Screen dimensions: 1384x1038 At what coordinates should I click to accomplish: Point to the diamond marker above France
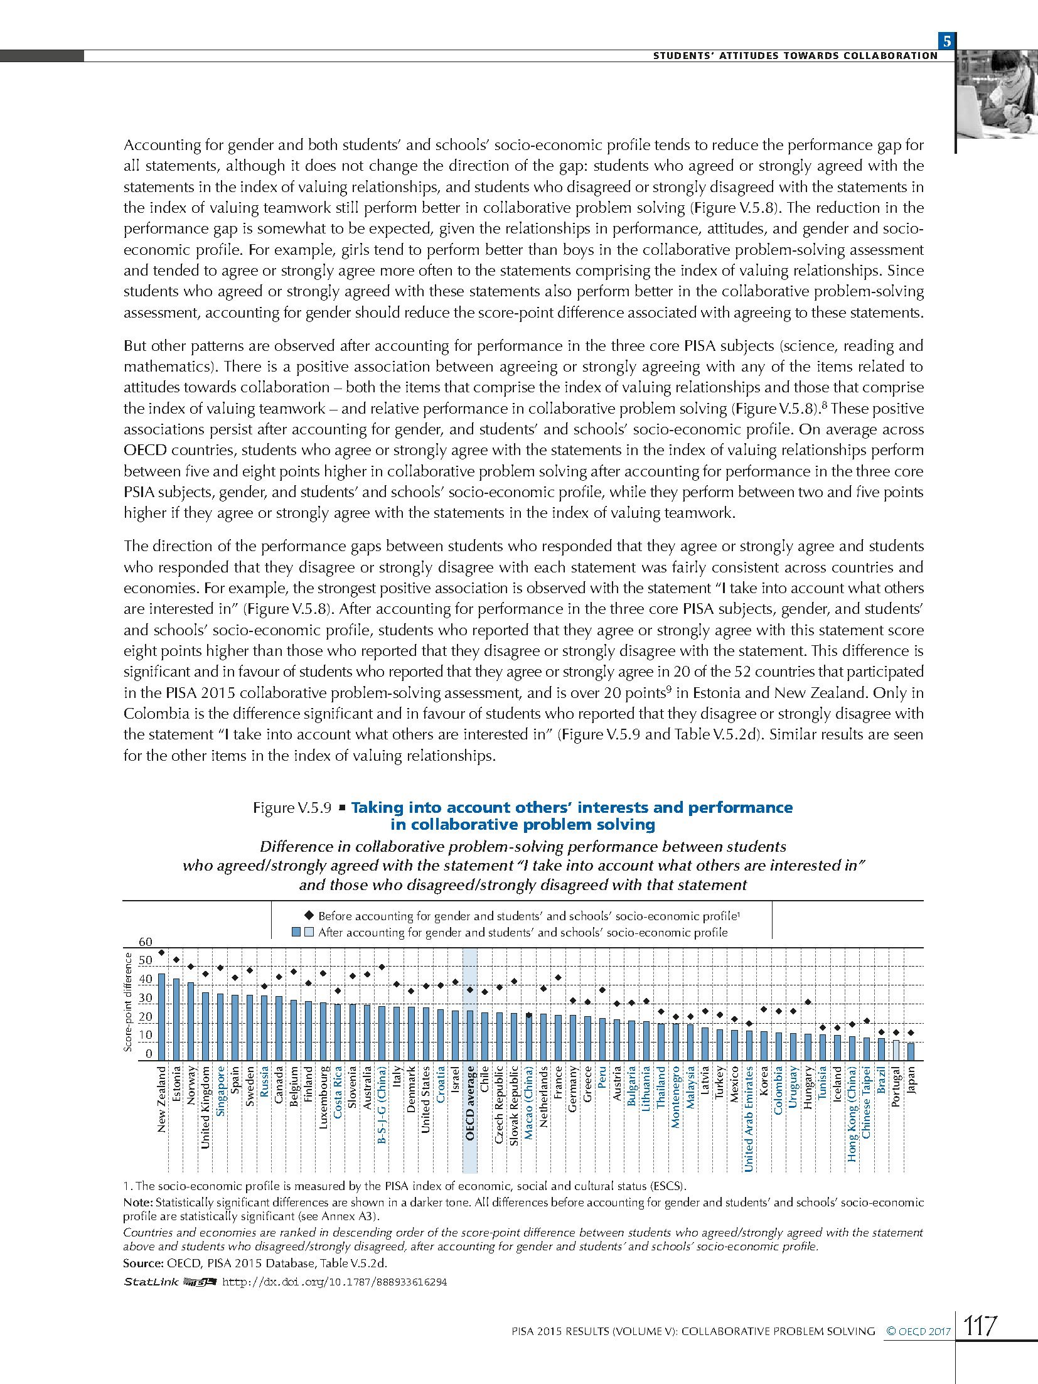[558, 977]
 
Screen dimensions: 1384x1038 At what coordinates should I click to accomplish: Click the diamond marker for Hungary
[808, 1002]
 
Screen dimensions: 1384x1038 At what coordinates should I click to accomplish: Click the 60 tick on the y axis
[145, 941]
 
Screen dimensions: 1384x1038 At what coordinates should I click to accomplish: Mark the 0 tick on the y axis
[149, 1054]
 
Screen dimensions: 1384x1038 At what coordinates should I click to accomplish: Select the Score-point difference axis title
[128, 1002]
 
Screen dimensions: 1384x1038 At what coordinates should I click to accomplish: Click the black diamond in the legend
[308, 916]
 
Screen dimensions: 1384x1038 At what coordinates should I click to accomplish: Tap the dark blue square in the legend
[296, 932]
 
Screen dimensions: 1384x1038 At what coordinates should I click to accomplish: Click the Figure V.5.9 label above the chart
[291, 808]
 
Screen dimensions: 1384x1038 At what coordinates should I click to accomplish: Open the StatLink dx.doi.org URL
[334, 1282]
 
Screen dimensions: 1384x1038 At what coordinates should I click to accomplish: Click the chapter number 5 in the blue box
[946, 42]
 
